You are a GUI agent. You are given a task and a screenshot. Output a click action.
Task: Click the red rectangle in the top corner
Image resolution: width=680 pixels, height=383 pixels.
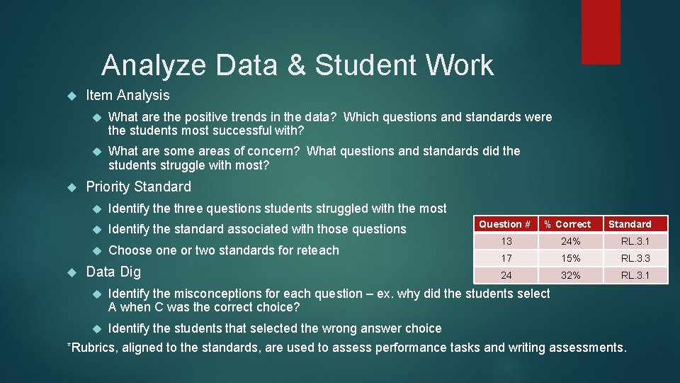pyautogui.click(x=601, y=31)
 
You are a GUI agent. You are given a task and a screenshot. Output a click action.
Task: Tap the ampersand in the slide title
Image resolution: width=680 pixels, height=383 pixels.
pyautogui.click(x=295, y=65)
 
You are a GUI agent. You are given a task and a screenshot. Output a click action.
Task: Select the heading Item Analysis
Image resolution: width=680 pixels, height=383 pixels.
pyautogui.click(x=127, y=95)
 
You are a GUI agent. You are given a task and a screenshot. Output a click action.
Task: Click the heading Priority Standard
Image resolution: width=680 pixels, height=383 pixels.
pyautogui.click(x=138, y=187)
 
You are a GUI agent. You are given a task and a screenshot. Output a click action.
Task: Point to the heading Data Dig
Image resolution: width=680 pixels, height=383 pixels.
pyautogui.click(x=113, y=272)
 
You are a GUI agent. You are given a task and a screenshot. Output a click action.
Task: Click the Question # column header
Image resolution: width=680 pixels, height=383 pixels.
pyautogui.click(x=504, y=224)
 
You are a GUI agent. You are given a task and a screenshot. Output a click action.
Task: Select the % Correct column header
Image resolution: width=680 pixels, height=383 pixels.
pyautogui.click(x=567, y=224)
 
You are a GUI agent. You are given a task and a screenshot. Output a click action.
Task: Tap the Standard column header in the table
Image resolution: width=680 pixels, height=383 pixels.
pyautogui.click(x=630, y=224)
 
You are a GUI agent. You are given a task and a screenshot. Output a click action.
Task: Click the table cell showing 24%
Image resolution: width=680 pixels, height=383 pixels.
pyautogui.click(x=571, y=241)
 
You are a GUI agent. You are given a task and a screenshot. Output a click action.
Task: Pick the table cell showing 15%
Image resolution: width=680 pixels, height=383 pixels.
pyautogui.click(x=571, y=258)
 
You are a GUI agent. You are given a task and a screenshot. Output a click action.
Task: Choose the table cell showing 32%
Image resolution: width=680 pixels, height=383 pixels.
pyautogui.click(x=571, y=275)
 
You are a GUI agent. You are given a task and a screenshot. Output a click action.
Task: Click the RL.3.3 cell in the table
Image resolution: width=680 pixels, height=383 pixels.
pyautogui.click(x=635, y=258)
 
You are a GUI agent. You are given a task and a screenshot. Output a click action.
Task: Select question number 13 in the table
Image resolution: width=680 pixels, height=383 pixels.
pyautogui.click(x=506, y=241)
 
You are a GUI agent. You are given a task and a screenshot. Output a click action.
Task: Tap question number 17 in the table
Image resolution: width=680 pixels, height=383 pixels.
pyautogui.click(x=506, y=258)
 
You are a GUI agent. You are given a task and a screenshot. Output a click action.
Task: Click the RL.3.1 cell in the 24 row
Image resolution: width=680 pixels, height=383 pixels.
pyautogui.click(x=635, y=275)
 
